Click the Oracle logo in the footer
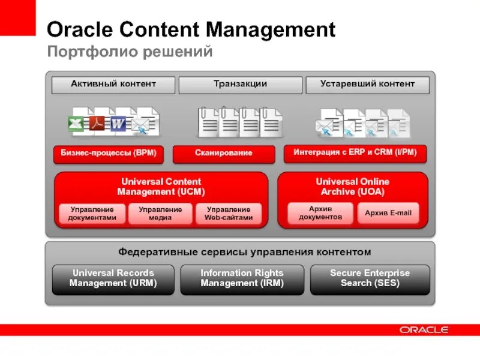click(424, 330)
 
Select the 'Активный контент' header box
click(113, 85)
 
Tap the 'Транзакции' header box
click(240, 85)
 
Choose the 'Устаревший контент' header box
click(367, 85)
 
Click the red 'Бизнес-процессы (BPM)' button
click(109, 154)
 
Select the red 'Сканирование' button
click(223, 154)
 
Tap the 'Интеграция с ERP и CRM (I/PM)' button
click(359, 153)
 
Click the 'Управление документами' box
click(92, 214)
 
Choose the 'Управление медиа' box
click(160, 214)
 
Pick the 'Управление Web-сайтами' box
click(228, 214)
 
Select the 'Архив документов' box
click(320, 213)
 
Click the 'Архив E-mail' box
click(388, 213)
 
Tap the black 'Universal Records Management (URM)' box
click(113, 278)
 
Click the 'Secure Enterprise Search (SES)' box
click(370, 278)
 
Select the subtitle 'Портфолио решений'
click(130, 52)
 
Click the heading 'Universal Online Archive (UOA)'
click(353, 187)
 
